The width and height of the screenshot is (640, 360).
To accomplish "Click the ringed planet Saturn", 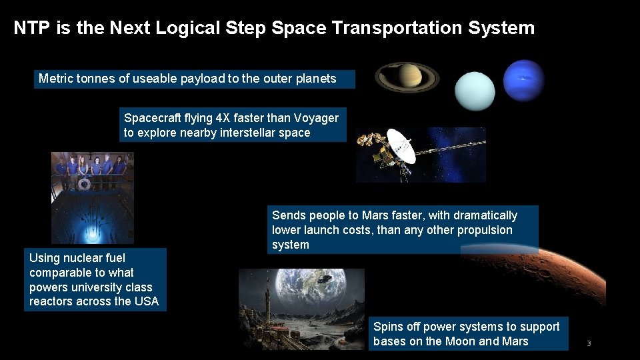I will click(x=406, y=77).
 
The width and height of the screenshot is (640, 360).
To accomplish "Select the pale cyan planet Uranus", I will click(x=475, y=90).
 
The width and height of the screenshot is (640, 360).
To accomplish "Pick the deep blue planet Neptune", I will click(x=523, y=80).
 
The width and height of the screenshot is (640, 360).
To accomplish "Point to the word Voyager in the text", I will click(x=314, y=118).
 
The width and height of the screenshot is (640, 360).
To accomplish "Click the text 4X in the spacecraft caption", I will click(x=223, y=118).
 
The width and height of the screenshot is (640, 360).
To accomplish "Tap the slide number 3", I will click(x=589, y=343).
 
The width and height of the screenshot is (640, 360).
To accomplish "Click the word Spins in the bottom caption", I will click(x=388, y=327).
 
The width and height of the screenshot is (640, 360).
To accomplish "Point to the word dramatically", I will click(x=485, y=215).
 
